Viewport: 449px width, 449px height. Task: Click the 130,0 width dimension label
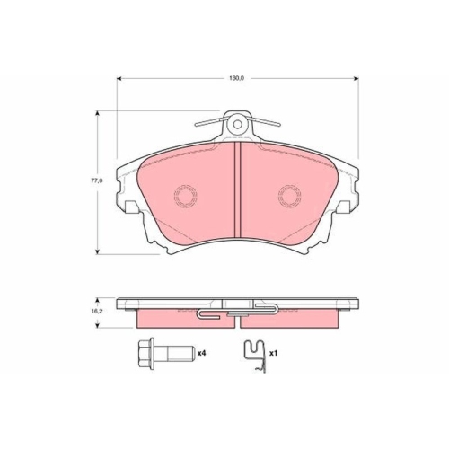[x=237, y=78]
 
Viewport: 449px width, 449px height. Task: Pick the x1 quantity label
[x=274, y=354]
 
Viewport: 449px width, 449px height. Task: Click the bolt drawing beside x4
[x=166, y=354]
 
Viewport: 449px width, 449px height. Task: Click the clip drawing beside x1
[x=255, y=357]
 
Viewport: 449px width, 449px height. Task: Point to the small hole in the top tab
[x=238, y=124]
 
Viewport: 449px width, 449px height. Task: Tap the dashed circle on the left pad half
[x=186, y=196]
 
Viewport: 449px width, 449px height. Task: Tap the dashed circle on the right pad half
[x=289, y=196]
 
